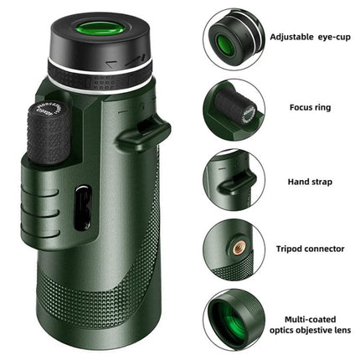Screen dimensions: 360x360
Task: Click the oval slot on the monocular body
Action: pyautogui.click(x=82, y=207)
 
